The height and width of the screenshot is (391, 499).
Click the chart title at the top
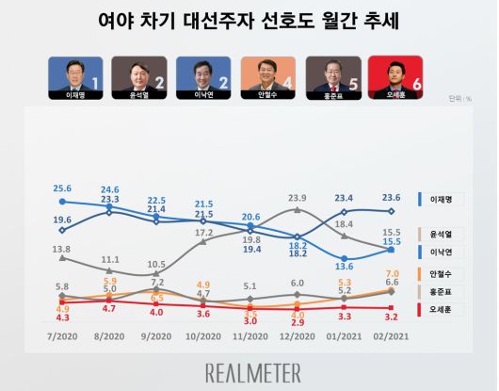pos(249,21)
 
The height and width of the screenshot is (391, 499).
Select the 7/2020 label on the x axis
pos(61,337)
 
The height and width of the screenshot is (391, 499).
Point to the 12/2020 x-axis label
pos(297,337)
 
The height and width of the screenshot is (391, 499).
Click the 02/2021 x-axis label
pos(392,337)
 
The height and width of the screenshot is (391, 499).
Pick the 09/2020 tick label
pos(156,337)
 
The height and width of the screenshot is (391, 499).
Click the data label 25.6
pos(63,188)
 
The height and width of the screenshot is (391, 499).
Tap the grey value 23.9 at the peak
pos(298,198)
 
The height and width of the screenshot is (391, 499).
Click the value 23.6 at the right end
pos(393,198)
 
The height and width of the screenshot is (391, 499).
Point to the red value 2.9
pos(298,323)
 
